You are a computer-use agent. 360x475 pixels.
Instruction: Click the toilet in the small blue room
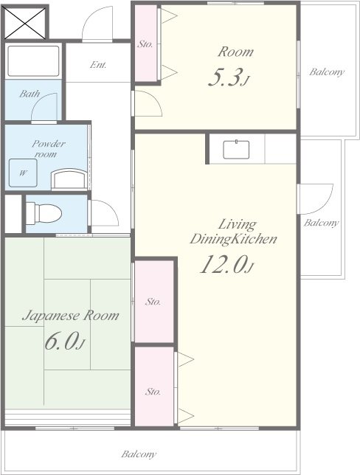click(44, 214)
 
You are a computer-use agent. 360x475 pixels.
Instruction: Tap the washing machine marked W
click(23, 173)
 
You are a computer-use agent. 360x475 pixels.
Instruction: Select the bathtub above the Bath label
click(33, 61)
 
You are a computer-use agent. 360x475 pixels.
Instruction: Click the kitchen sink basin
click(236, 150)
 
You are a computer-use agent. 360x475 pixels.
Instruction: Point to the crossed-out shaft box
click(25, 23)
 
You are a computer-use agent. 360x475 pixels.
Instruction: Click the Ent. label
click(98, 64)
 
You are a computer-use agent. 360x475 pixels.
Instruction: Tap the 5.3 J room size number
click(229, 77)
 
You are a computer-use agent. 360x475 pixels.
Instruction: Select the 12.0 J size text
click(226, 264)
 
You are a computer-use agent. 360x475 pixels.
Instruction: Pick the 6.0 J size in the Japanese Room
click(64, 341)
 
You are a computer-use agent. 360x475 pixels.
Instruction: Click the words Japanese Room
click(71, 316)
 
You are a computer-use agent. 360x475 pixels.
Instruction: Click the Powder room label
click(48, 148)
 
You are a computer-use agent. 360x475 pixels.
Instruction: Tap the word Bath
click(30, 94)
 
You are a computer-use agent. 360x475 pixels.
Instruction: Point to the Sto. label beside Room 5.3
click(145, 44)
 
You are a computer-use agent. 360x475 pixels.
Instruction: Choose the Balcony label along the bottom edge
click(139, 454)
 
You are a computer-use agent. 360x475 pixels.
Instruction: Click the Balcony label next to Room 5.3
click(327, 72)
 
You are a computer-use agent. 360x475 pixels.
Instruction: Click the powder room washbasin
click(69, 179)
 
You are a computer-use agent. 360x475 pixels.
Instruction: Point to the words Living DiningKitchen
click(233, 232)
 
